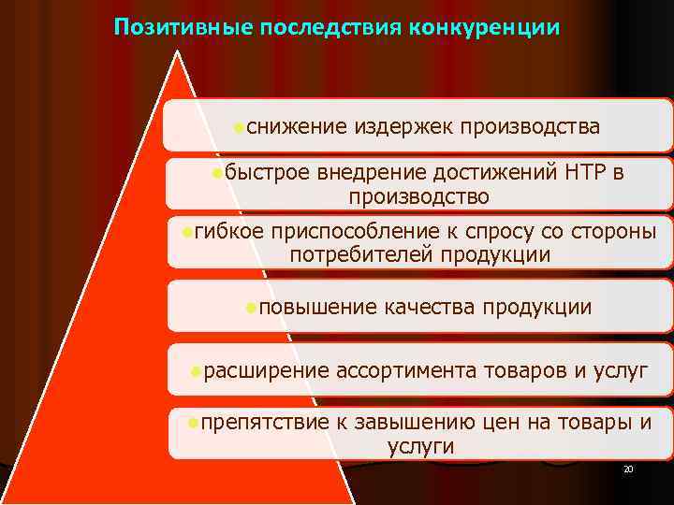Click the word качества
pos(430,307)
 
